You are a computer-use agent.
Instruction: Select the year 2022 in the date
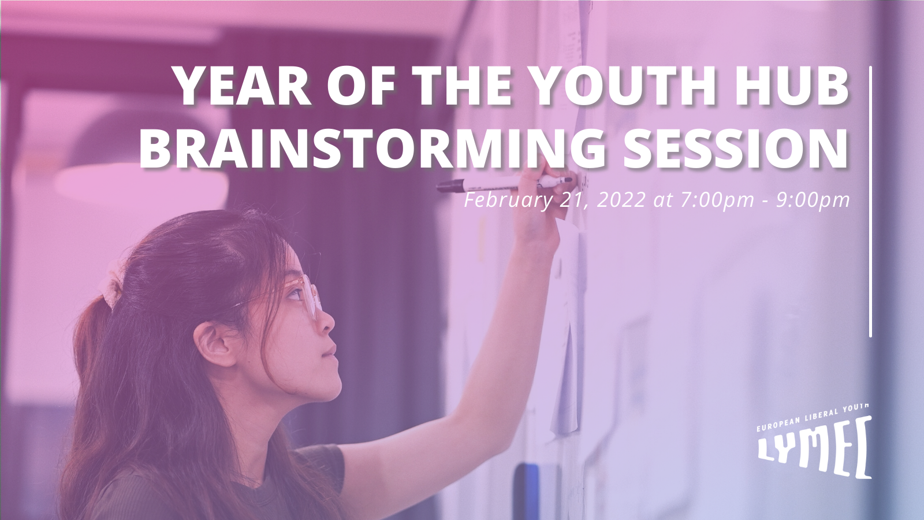(x=621, y=200)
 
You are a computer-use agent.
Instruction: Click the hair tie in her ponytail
(x=110, y=289)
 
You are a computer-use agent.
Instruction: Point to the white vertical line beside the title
(x=870, y=202)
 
